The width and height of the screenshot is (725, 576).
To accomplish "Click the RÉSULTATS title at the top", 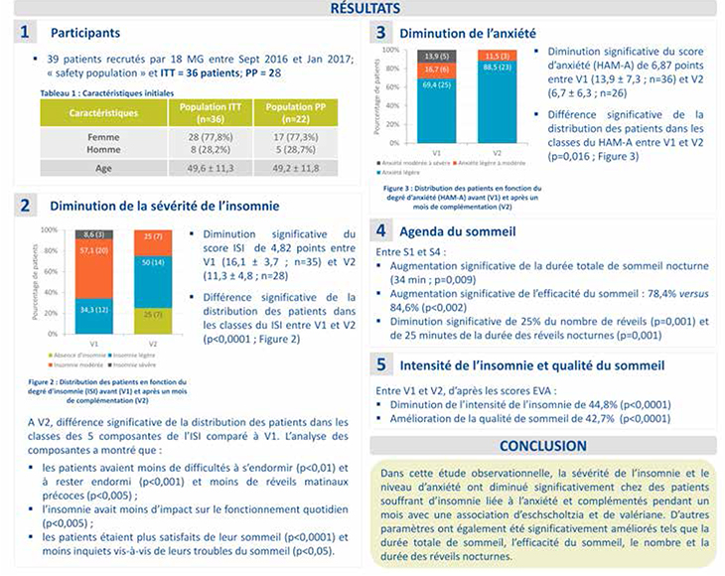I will (x=362, y=9).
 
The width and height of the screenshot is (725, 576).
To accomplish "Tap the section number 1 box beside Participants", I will (x=27, y=35).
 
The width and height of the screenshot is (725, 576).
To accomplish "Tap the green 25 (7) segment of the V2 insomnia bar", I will (x=153, y=315).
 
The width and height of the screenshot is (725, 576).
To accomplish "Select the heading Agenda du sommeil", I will (x=456, y=232).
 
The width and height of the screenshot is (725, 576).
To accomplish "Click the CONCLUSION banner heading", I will (x=542, y=445).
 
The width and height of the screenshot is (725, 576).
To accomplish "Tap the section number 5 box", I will (x=381, y=364).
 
